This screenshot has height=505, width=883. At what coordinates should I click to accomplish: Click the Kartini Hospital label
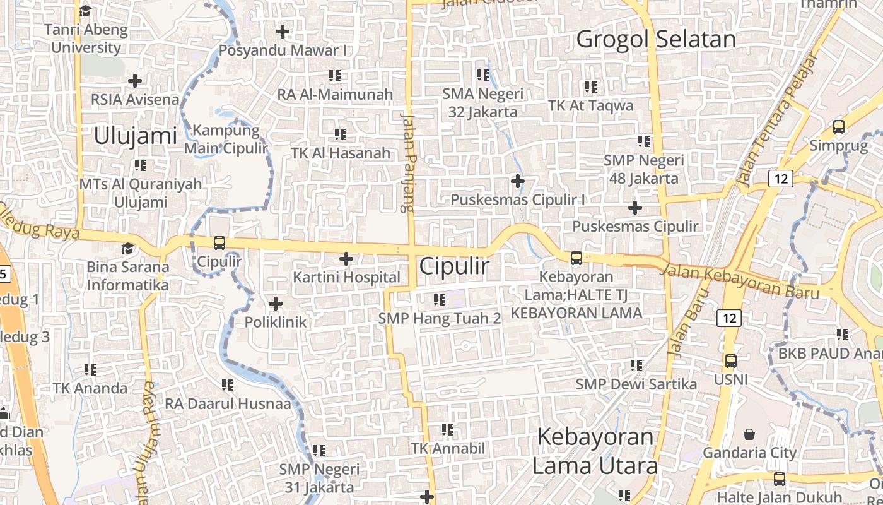point(346,277)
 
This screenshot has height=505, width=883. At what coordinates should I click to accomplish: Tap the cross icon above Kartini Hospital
point(346,259)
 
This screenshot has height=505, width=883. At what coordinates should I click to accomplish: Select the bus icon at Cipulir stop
point(219,242)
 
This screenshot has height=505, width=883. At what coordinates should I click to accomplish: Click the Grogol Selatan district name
point(656,39)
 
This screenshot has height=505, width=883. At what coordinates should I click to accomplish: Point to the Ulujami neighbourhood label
point(136,136)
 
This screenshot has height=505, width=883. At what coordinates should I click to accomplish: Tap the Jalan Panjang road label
point(407,162)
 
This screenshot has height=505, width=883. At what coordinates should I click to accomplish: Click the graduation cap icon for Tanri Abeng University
point(85,11)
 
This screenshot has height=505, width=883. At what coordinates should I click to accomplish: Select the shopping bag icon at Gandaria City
point(749,434)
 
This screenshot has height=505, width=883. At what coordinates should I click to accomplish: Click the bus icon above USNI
point(730,361)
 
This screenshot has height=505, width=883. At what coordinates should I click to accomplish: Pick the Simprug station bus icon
point(838,126)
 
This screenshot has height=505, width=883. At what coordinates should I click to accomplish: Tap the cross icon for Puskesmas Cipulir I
point(518,182)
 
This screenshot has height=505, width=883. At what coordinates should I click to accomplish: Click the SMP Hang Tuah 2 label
point(440,318)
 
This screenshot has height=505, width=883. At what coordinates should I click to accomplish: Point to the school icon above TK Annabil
point(448,430)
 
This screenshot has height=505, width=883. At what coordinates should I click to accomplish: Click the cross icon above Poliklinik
point(276,304)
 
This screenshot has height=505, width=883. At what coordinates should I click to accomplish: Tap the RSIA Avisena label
point(135,99)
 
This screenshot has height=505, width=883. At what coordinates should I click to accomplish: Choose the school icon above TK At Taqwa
point(591,86)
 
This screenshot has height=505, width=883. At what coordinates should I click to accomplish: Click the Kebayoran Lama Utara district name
point(595,451)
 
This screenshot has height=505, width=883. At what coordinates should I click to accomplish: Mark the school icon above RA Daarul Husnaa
point(228,384)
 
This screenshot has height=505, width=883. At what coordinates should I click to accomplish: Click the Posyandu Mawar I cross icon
point(283,31)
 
